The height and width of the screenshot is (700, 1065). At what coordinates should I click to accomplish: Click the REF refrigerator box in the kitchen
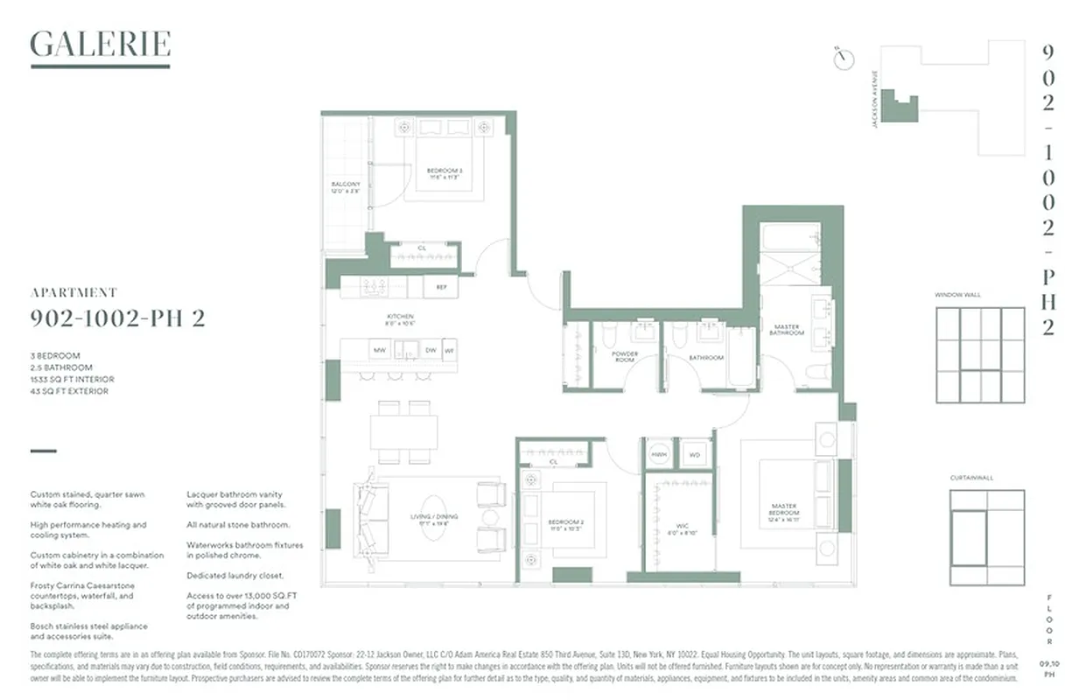(440, 286)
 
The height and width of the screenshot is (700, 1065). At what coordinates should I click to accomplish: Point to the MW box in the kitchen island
(380, 350)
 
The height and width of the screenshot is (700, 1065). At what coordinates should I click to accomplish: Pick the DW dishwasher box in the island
(430, 350)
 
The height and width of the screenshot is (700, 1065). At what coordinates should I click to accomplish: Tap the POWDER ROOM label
(625, 357)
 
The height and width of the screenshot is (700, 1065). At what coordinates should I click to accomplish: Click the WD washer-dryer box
(695, 455)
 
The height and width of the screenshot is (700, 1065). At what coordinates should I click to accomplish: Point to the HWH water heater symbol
(658, 455)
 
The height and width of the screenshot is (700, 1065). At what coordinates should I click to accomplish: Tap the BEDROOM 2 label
(566, 527)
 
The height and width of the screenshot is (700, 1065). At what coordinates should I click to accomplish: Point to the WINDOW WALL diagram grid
(980, 354)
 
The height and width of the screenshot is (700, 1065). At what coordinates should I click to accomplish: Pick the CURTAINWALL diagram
(986, 536)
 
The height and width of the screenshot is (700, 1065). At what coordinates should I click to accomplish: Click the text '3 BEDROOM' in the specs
(55, 356)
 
